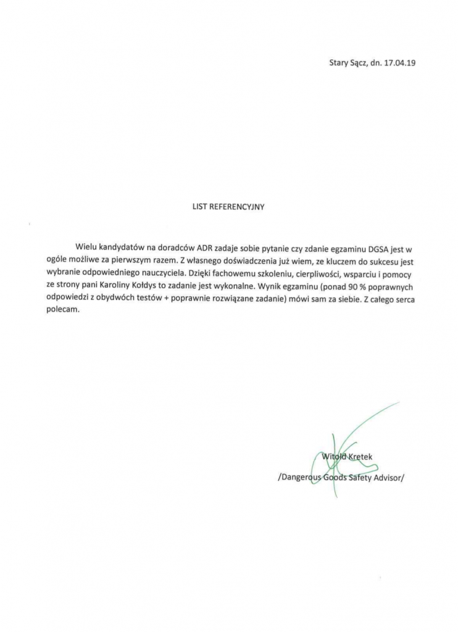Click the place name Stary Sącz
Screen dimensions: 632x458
coord(346,63)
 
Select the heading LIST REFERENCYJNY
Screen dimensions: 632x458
coord(228,208)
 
